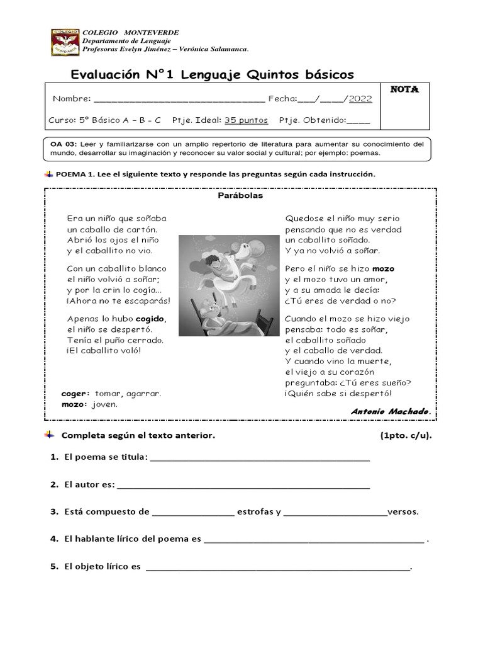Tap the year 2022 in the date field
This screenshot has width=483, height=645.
360,98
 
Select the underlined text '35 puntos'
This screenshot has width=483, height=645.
246,120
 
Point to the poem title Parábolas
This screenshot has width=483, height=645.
240,195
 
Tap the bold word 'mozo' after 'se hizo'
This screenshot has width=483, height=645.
383,268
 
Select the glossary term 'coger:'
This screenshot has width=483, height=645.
75,394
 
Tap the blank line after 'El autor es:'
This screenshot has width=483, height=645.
243,485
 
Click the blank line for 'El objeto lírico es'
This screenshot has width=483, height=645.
277,567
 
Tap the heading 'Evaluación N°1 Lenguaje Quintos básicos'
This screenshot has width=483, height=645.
213,74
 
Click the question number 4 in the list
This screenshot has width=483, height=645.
54,539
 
